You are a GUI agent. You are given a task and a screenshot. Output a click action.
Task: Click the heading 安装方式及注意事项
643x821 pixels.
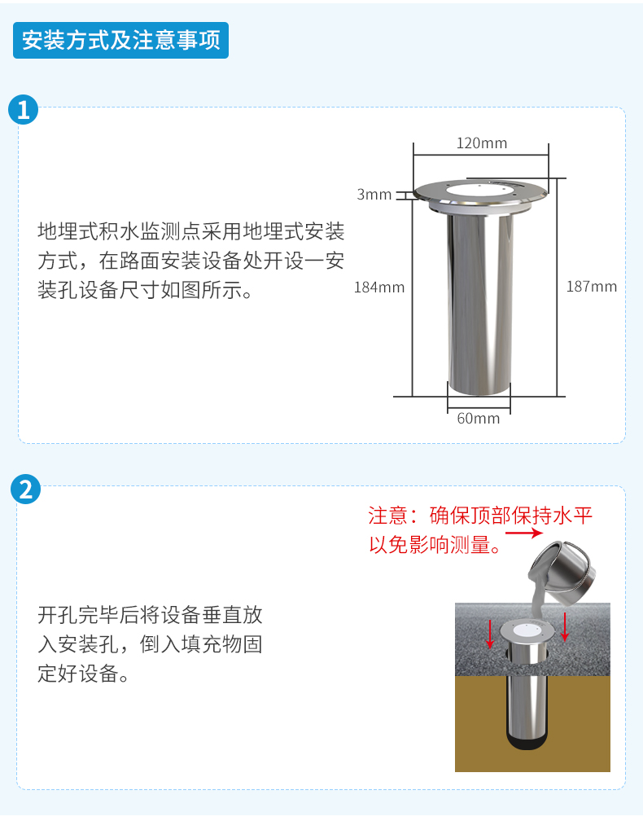(x=120, y=40)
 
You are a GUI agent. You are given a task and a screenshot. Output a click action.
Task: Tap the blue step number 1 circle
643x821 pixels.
(x=24, y=109)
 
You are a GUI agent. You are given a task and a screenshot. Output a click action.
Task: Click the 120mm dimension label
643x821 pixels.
(x=481, y=143)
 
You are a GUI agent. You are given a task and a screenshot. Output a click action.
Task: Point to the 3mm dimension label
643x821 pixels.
(x=374, y=194)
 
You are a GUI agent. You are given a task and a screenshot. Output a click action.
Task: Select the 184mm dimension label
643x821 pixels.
(x=378, y=287)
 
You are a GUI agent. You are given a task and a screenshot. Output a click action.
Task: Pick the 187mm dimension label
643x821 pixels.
(x=592, y=287)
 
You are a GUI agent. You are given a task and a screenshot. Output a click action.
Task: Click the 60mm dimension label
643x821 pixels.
(x=479, y=419)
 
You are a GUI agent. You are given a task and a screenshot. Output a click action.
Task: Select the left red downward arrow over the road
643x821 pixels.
(x=490, y=633)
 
